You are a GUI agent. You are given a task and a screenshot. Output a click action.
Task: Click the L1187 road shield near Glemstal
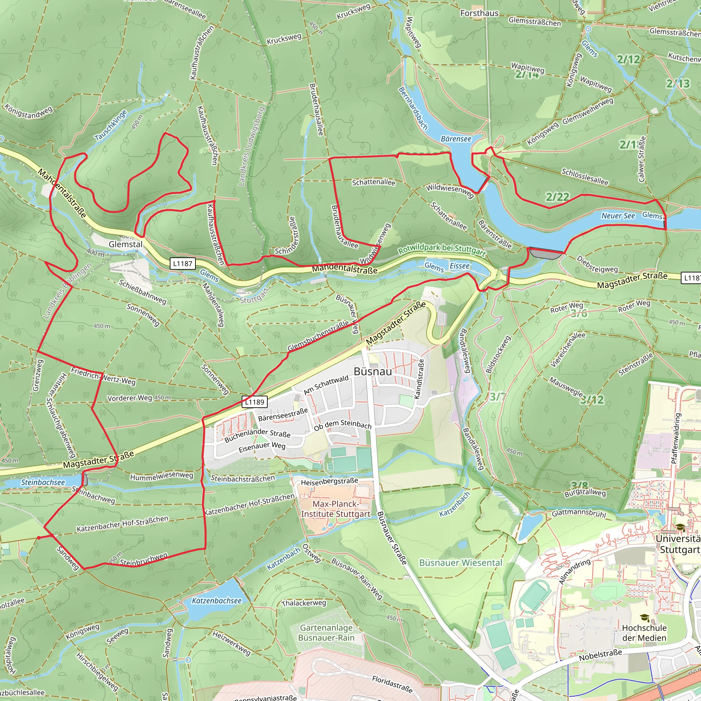click(182, 264)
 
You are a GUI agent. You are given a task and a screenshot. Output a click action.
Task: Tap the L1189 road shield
click(254, 402)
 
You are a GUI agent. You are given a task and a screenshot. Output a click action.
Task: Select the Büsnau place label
click(373, 371)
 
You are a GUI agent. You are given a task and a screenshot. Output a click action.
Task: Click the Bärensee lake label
click(456, 139)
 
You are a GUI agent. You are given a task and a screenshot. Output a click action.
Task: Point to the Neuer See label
click(618, 216)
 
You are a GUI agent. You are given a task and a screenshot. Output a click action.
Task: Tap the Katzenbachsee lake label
click(217, 600)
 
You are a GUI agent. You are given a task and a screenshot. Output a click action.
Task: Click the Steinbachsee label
click(43, 482)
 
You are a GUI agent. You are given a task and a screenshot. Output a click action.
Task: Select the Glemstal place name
click(126, 244)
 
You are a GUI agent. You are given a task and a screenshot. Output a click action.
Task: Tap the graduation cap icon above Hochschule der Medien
click(644, 617)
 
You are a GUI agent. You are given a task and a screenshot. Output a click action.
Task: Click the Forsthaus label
click(479, 13)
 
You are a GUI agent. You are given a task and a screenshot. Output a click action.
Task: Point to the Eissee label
click(459, 266)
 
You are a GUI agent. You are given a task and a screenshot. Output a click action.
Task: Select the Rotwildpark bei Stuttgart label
click(442, 249)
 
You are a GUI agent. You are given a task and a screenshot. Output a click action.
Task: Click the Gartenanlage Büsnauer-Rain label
click(326, 633)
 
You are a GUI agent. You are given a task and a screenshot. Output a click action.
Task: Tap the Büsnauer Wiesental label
click(460, 562)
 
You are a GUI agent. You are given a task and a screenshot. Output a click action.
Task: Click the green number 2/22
click(557, 197)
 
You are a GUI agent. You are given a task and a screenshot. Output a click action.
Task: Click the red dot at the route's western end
click(38, 538)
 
